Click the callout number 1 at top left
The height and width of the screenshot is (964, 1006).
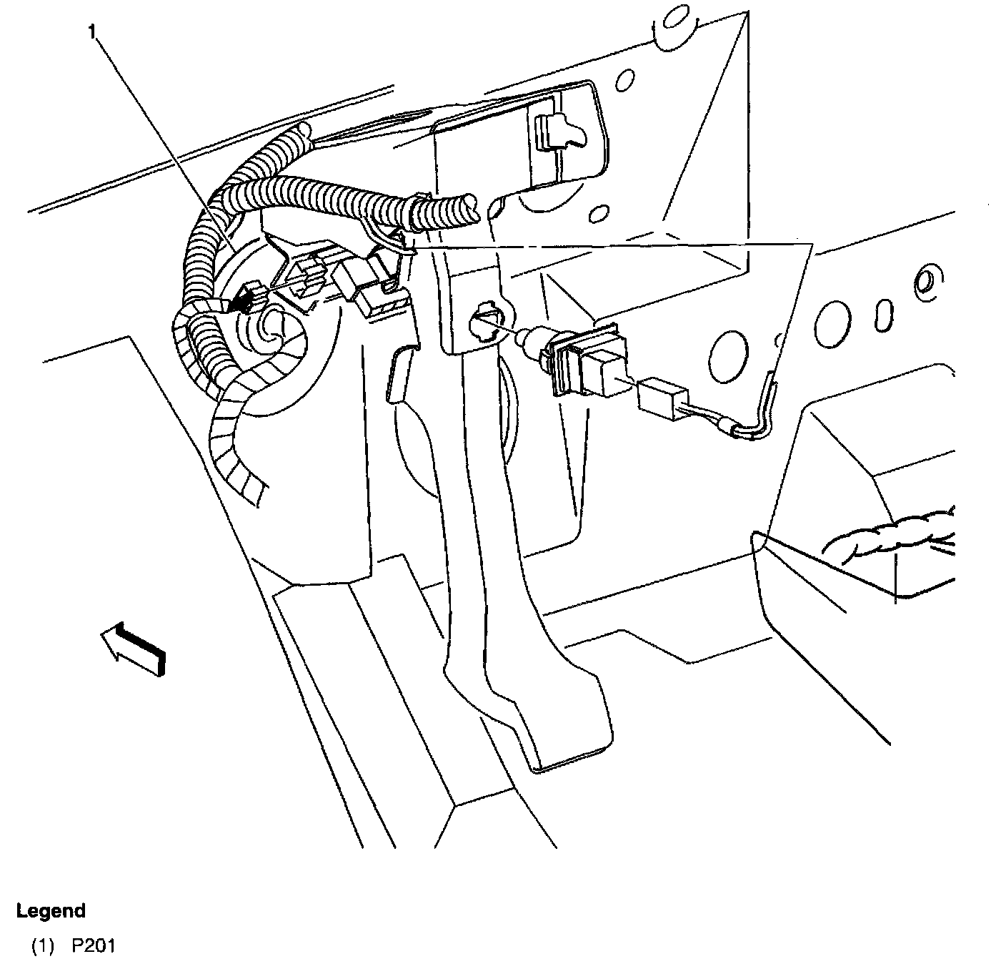coord(92,31)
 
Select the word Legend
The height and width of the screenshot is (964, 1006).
coord(51,910)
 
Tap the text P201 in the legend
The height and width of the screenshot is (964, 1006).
coord(93,946)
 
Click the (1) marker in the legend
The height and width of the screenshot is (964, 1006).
coord(42,946)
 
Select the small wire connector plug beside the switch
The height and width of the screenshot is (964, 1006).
coord(662,398)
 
